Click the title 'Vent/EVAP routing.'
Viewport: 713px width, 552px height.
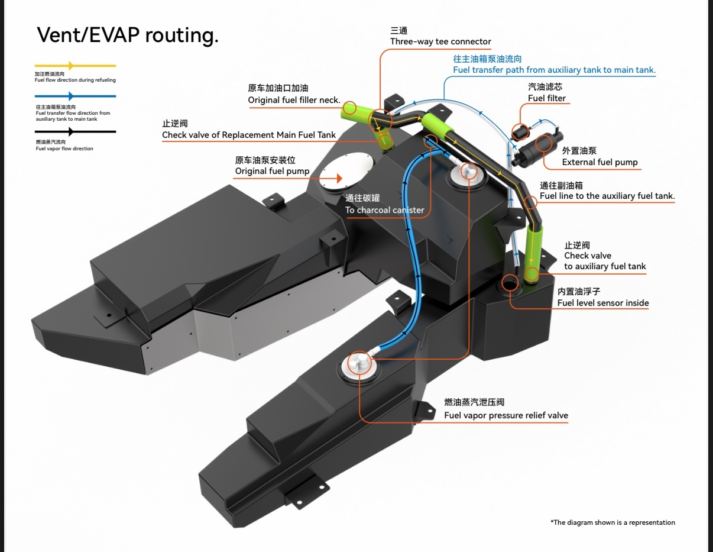pyautogui.click(x=128, y=35)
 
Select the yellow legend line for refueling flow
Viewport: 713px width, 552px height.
pyautogui.click(x=75, y=66)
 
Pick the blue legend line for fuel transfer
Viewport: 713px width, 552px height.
pyautogui.click(x=75, y=96)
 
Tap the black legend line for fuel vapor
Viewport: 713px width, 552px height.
pyautogui.click(x=75, y=132)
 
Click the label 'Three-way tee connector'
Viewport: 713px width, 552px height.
pyautogui.click(x=440, y=41)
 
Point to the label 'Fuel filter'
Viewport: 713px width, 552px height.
pyautogui.click(x=547, y=98)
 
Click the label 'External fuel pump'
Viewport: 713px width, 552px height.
pyautogui.click(x=599, y=162)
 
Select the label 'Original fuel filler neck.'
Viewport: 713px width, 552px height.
pyautogui.click(x=294, y=100)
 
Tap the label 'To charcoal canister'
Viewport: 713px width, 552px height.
pyautogui.click(x=385, y=210)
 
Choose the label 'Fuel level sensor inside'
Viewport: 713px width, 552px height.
pyautogui.click(x=603, y=303)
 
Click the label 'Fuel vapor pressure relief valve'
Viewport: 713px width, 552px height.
pyautogui.click(x=506, y=415)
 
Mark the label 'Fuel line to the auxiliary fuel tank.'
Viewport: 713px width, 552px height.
pyautogui.click(x=607, y=196)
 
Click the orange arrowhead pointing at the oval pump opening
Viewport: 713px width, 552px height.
pyautogui.click(x=339, y=178)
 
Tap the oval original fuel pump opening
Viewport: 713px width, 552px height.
pyautogui.click(x=348, y=170)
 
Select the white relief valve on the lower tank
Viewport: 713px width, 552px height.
pyautogui.click(x=358, y=361)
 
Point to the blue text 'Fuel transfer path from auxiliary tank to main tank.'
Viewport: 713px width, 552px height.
pyautogui.click(x=554, y=70)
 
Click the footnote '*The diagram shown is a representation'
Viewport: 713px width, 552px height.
pyautogui.click(x=612, y=522)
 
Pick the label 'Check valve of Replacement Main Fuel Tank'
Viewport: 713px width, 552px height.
pyautogui.click(x=249, y=135)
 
